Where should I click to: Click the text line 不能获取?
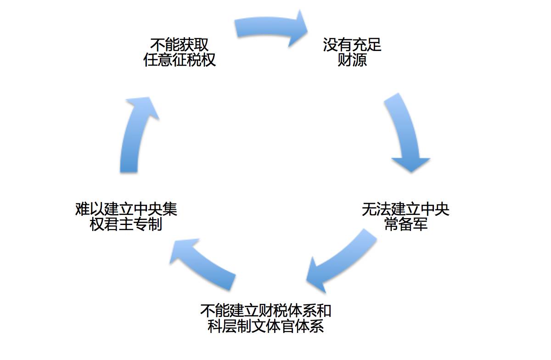pyautogui.click(x=180, y=45)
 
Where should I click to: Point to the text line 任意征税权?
pyautogui.click(x=180, y=60)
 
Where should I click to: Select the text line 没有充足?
pyautogui.click(x=352, y=45)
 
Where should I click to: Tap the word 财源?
pyautogui.click(x=352, y=60)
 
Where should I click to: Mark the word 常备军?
pyautogui.click(x=405, y=225)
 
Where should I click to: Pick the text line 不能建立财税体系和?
pyautogui.click(x=266, y=310)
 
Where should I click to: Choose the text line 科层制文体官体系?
pyautogui.click(x=266, y=326)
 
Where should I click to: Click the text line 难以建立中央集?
pyautogui.click(x=126, y=209)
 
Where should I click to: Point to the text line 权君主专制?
pyautogui.click(x=126, y=225)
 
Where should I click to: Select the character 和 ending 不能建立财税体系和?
pyautogui.click(x=324, y=310)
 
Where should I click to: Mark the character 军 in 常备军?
pyautogui.click(x=420, y=225)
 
